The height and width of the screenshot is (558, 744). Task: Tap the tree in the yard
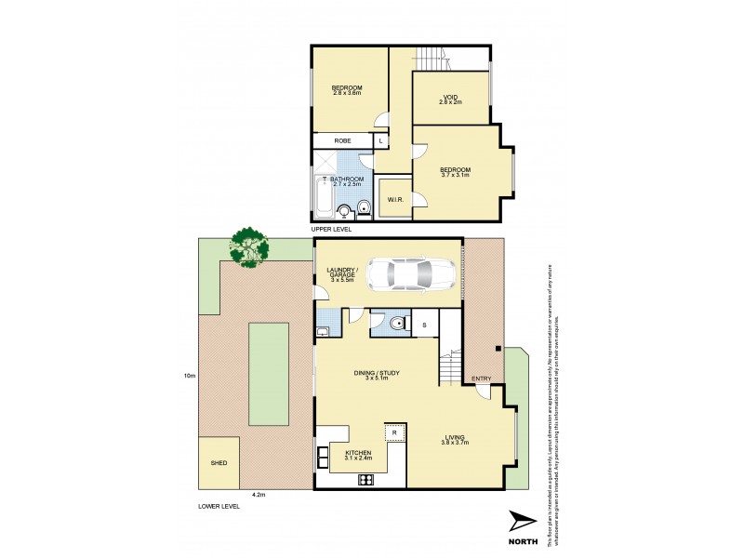(x=249, y=246)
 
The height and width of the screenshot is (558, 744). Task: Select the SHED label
(x=219, y=462)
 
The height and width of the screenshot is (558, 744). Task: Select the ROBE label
(x=342, y=140)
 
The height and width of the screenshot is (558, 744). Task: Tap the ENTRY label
(x=481, y=379)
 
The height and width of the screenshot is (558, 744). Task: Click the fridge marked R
(x=394, y=433)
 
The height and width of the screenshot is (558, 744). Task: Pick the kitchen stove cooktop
(x=366, y=480)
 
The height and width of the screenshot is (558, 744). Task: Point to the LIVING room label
(x=455, y=438)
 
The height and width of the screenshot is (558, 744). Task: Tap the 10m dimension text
(x=189, y=375)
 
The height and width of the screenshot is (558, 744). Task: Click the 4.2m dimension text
(x=259, y=495)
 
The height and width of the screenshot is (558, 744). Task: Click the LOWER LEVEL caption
(x=219, y=506)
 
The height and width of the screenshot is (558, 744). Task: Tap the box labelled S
(x=424, y=325)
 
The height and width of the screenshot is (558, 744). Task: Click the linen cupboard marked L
(x=381, y=140)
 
